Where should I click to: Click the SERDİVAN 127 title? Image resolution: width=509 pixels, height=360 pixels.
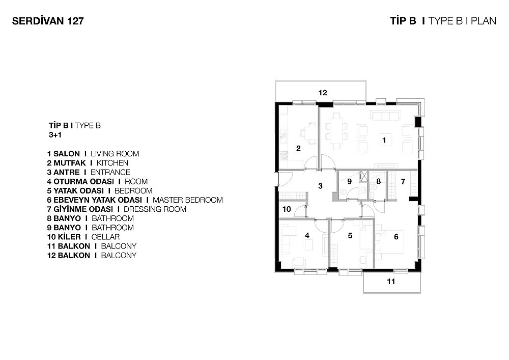tap(48, 21)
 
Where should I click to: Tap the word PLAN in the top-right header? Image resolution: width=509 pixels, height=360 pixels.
tap(484, 21)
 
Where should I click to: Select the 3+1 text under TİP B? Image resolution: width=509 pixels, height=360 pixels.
tap(55, 135)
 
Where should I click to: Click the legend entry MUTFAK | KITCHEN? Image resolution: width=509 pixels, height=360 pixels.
tap(88, 163)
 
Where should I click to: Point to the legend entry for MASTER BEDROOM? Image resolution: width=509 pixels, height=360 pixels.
tap(135, 200)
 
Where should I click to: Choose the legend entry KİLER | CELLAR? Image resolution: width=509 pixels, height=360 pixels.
tap(83, 237)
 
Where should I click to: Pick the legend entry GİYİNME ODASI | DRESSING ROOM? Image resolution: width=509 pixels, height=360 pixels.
tap(117, 209)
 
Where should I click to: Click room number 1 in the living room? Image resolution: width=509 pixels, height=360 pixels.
tap(384, 140)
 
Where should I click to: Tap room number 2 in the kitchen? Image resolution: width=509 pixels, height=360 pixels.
tap(298, 148)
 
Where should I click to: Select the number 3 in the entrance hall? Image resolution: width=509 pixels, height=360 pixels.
tap(320, 186)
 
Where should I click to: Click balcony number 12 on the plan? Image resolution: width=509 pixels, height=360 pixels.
tap(323, 93)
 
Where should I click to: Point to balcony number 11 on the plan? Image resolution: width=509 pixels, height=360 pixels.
tap(391, 282)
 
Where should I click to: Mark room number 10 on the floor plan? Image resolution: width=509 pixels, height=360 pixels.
tap(287, 209)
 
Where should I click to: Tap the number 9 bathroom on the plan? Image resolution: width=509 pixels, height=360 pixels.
tap(349, 181)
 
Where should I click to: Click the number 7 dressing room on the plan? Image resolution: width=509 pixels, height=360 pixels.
tap(403, 181)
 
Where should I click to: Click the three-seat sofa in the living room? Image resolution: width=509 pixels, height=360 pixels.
tap(386, 116)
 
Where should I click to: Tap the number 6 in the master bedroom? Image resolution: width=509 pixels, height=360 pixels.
tap(396, 237)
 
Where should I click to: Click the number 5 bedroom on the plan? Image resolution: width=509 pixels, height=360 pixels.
tap(350, 235)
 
